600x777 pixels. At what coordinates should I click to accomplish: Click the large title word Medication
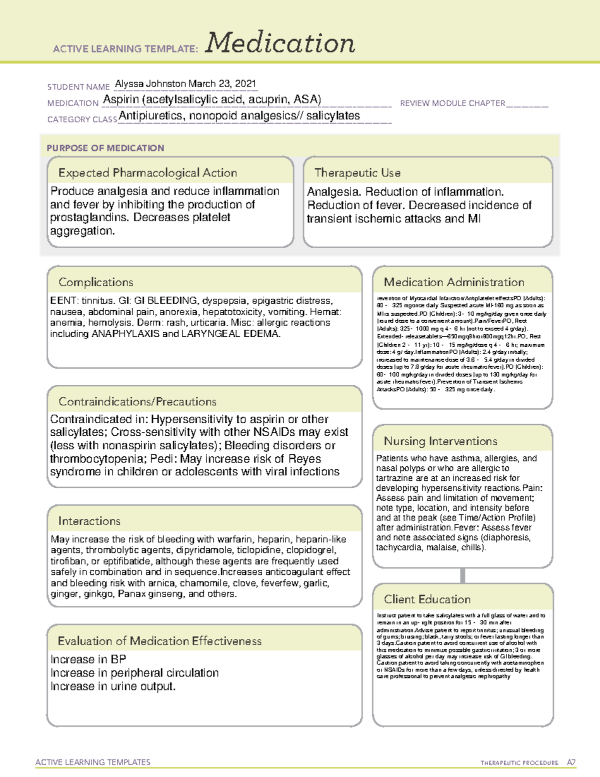pyautogui.click(x=280, y=43)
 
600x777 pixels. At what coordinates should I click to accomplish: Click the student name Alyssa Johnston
pyautogui.click(x=150, y=84)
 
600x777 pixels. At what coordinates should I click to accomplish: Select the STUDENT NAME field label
pyautogui.click(x=78, y=87)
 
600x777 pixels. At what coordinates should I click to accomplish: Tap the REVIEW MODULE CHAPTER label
pyautogui.click(x=452, y=103)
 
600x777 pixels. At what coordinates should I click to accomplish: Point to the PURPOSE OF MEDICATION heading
pyautogui.click(x=105, y=148)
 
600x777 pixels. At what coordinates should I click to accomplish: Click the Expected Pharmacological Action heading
pyautogui.click(x=147, y=173)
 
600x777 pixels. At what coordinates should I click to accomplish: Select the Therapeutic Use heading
pyautogui.click(x=357, y=173)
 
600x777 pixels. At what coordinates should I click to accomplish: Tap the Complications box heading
pyautogui.click(x=95, y=282)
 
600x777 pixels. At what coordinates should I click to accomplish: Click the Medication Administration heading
pyautogui.click(x=454, y=282)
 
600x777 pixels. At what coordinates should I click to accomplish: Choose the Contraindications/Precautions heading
pyautogui.click(x=137, y=402)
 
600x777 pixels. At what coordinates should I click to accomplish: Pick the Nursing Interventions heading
pyautogui.click(x=440, y=441)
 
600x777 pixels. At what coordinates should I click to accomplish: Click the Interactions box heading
pyautogui.click(x=89, y=521)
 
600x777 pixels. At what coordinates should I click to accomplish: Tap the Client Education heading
pyautogui.click(x=427, y=599)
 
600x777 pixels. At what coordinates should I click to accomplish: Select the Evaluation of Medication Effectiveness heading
pyautogui.click(x=159, y=641)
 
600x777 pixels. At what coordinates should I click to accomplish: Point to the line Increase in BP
pyautogui.click(x=88, y=659)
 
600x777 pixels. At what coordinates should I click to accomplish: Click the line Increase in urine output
pyautogui.click(x=113, y=686)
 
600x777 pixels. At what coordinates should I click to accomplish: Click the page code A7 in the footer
pyautogui.click(x=571, y=762)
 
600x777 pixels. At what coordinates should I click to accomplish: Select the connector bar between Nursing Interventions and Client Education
pyautogui.click(x=462, y=575)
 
